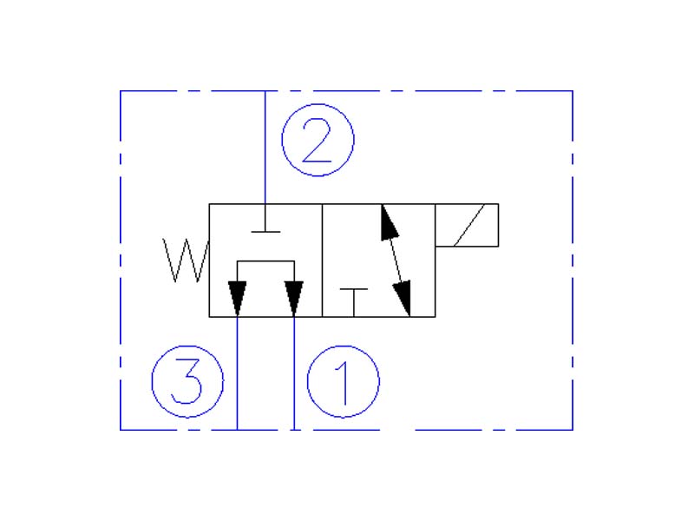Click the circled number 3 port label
(187, 380)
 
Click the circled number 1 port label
(344, 380)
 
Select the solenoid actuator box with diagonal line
(467, 226)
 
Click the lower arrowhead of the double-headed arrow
(402, 299)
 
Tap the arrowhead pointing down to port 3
(237, 299)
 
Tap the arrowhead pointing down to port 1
(294, 299)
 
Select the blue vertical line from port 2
(265, 148)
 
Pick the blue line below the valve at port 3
(237, 373)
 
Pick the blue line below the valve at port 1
(294, 373)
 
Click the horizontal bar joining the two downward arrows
(265, 260)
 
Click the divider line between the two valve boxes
(323, 260)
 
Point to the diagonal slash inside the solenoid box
(467, 226)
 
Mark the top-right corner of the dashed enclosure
(573, 90)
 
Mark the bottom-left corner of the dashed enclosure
(120, 429)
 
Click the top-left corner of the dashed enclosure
(120, 90)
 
